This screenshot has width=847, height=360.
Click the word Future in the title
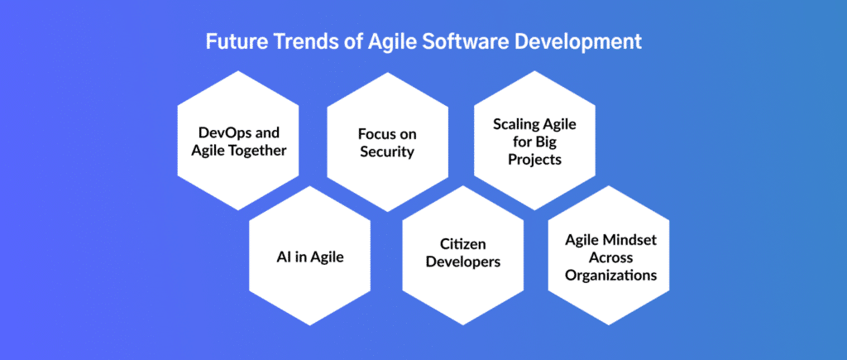pyautogui.click(x=236, y=41)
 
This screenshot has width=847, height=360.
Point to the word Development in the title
pyautogui.click(x=572, y=41)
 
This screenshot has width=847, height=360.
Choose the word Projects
pyautogui.click(x=534, y=159)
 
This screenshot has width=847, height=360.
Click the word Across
pyautogui.click(x=609, y=257)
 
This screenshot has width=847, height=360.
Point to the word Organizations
pyautogui.click(x=609, y=275)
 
